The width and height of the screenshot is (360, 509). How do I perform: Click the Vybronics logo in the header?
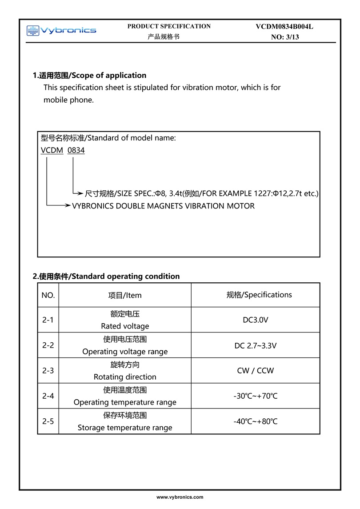click(61, 30)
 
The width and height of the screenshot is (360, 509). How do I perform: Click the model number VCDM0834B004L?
click(284, 27)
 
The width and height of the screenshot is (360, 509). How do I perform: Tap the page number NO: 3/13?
click(285, 37)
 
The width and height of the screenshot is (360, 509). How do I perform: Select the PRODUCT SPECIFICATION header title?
click(169, 26)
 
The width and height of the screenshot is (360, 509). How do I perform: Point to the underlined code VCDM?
click(52, 150)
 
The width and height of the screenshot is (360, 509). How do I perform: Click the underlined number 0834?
click(76, 150)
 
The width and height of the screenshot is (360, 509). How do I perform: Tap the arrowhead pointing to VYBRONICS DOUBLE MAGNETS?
click(67, 206)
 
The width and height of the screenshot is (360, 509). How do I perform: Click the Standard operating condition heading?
click(125, 276)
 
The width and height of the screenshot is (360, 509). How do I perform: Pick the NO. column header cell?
click(48, 295)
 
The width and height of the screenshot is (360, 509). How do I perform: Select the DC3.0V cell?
click(256, 320)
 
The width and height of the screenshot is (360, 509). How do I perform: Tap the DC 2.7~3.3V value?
click(256, 345)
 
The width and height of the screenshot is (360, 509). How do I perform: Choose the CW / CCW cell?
click(256, 371)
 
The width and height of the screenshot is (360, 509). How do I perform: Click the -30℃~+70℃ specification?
click(256, 396)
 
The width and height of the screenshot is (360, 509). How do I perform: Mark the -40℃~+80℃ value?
click(256, 421)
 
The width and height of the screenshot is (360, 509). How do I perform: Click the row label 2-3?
click(48, 371)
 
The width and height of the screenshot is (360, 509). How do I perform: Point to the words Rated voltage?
click(125, 326)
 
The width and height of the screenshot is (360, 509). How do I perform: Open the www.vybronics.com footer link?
click(180, 497)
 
